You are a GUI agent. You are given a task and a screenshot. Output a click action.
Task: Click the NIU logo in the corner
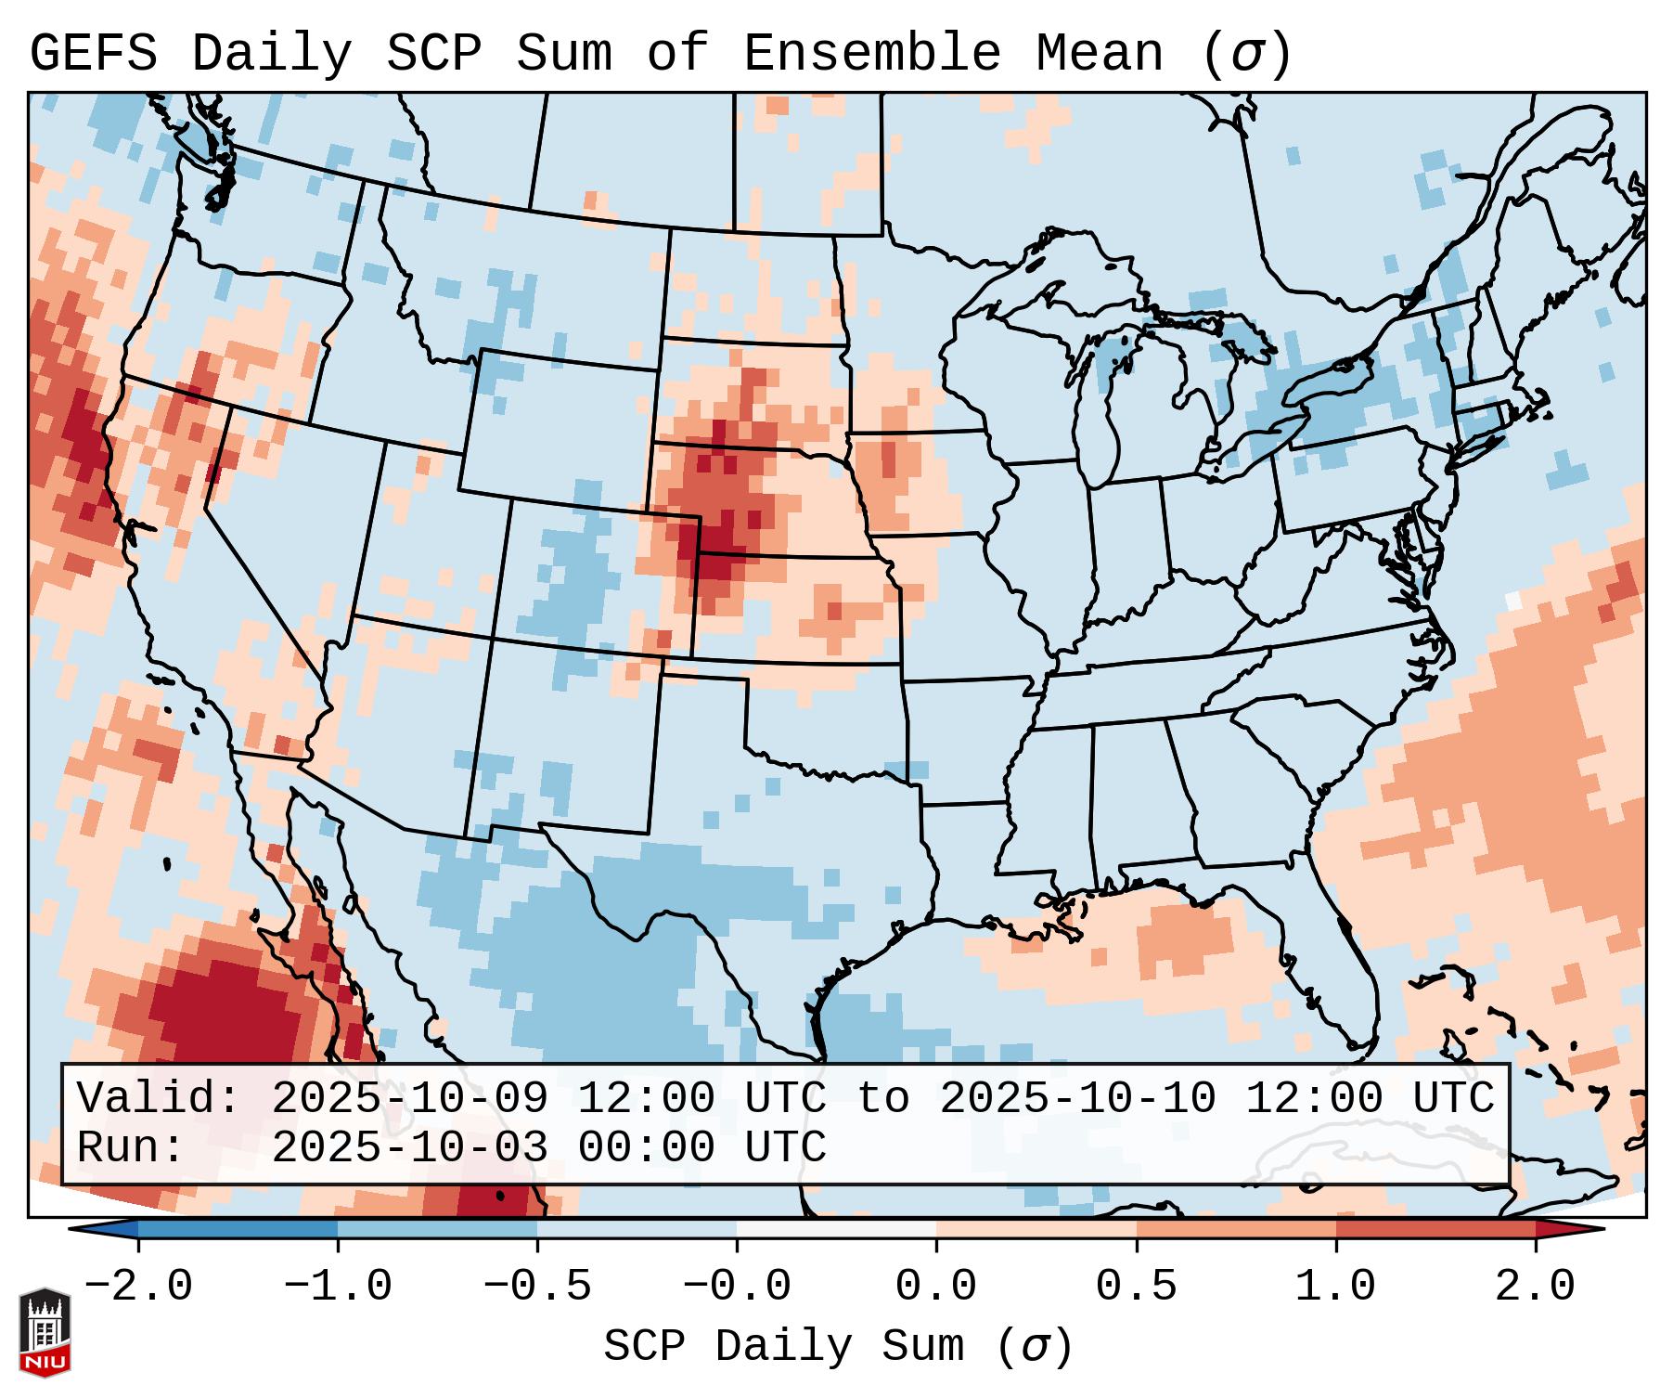[45, 1331]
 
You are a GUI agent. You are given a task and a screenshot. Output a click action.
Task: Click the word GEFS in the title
[93, 54]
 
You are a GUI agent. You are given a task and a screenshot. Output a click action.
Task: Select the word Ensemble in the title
[871, 54]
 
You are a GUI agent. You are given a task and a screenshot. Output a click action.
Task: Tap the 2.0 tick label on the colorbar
[1535, 1287]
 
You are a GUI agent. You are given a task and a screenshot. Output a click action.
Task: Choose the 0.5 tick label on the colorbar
[1136, 1287]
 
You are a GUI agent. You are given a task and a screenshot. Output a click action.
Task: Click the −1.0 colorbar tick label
[337, 1287]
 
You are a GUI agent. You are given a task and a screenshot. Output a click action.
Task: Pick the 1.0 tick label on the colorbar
[1335, 1287]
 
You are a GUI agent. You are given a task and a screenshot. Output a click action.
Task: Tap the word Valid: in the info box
[159, 1098]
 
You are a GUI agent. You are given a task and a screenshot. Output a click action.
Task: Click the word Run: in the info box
[131, 1147]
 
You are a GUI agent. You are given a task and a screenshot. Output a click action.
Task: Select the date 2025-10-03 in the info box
[409, 1147]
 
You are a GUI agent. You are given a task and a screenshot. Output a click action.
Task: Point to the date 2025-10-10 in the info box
[1077, 1098]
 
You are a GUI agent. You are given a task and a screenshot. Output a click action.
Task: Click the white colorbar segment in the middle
[836, 1228]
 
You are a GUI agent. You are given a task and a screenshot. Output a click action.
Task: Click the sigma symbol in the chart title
[1246, 54]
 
